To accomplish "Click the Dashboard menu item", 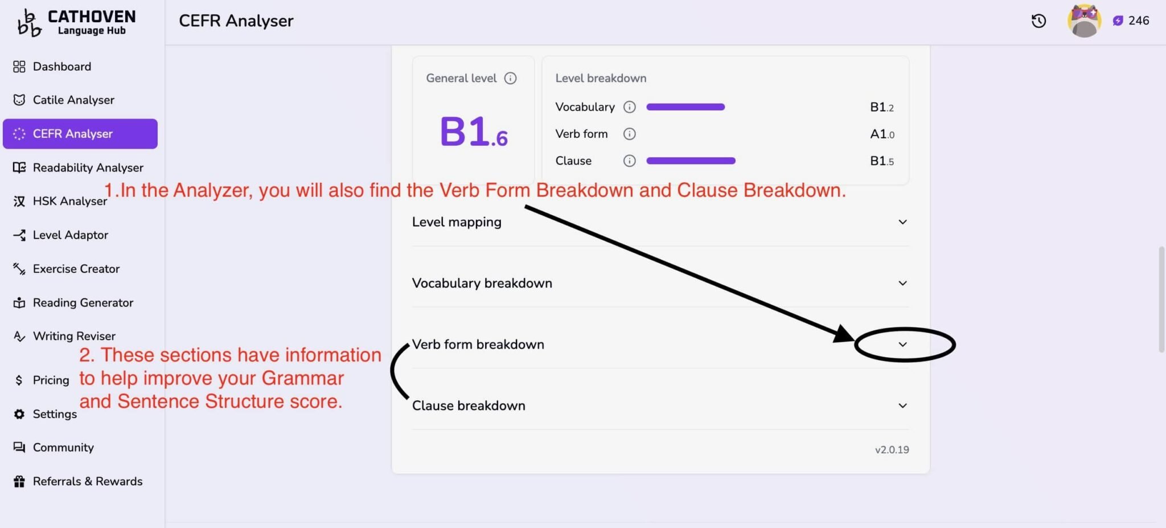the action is [52, 67].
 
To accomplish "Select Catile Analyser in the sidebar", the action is [63, 100].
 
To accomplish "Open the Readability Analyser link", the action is [78, 167].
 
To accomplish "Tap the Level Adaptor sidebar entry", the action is [60, 235].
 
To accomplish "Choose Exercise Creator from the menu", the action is [66, 269].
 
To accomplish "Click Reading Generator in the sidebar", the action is [73, 302].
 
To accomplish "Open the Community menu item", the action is [54, 448].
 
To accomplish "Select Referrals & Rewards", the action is [77, 481].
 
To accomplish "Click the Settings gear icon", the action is [19, 414].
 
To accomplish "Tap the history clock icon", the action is [1038, 21].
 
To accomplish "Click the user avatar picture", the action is [1084, 21].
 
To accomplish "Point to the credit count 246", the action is [1139, 21].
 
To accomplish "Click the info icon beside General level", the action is [510, 78].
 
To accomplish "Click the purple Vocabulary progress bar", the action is [685, 107].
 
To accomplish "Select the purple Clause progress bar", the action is [691, 161].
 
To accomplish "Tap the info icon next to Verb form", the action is [629, 134].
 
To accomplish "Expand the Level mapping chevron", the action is [902, 222].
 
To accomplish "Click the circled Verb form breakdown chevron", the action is [902, 345].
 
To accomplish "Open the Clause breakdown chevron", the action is [902, 406].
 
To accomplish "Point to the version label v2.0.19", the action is [892, 450].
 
